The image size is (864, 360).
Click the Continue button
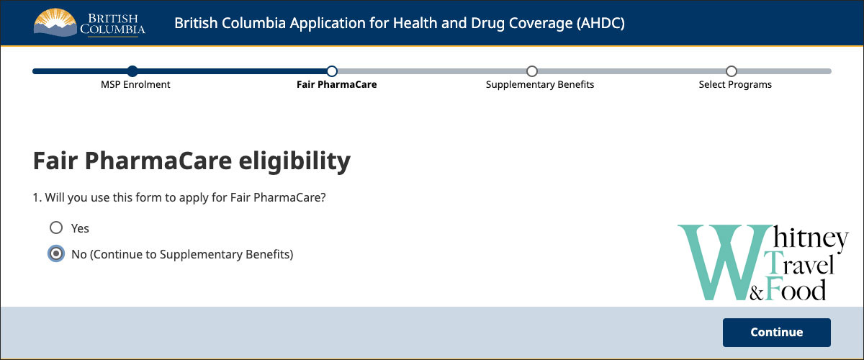(x=776, y=332)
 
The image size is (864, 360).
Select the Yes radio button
(x=56, y=228)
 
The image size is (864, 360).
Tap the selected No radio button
(x=56, y=254)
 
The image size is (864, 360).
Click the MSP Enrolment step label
(x=135, y=84)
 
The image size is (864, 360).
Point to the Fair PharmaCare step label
(x=337, y=84)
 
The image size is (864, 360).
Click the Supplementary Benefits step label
(x=539, y=84)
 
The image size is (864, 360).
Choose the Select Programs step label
(x=735, y=84)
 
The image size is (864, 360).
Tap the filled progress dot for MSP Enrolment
(x=132, y=71)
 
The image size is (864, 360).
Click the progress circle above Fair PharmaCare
(x=332, y=71)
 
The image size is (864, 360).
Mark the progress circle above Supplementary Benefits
(x=532, y=71)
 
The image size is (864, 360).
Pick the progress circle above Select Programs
(x=732, y=71)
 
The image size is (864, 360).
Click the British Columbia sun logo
(x=55, y=22)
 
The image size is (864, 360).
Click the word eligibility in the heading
(x=294, y=161)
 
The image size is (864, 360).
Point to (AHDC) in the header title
(x=600, y=23)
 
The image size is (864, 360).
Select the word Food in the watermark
(x=796, y=289)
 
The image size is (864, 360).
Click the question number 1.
(x=37, y=197)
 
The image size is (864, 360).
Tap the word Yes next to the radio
(x=80, y=228)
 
